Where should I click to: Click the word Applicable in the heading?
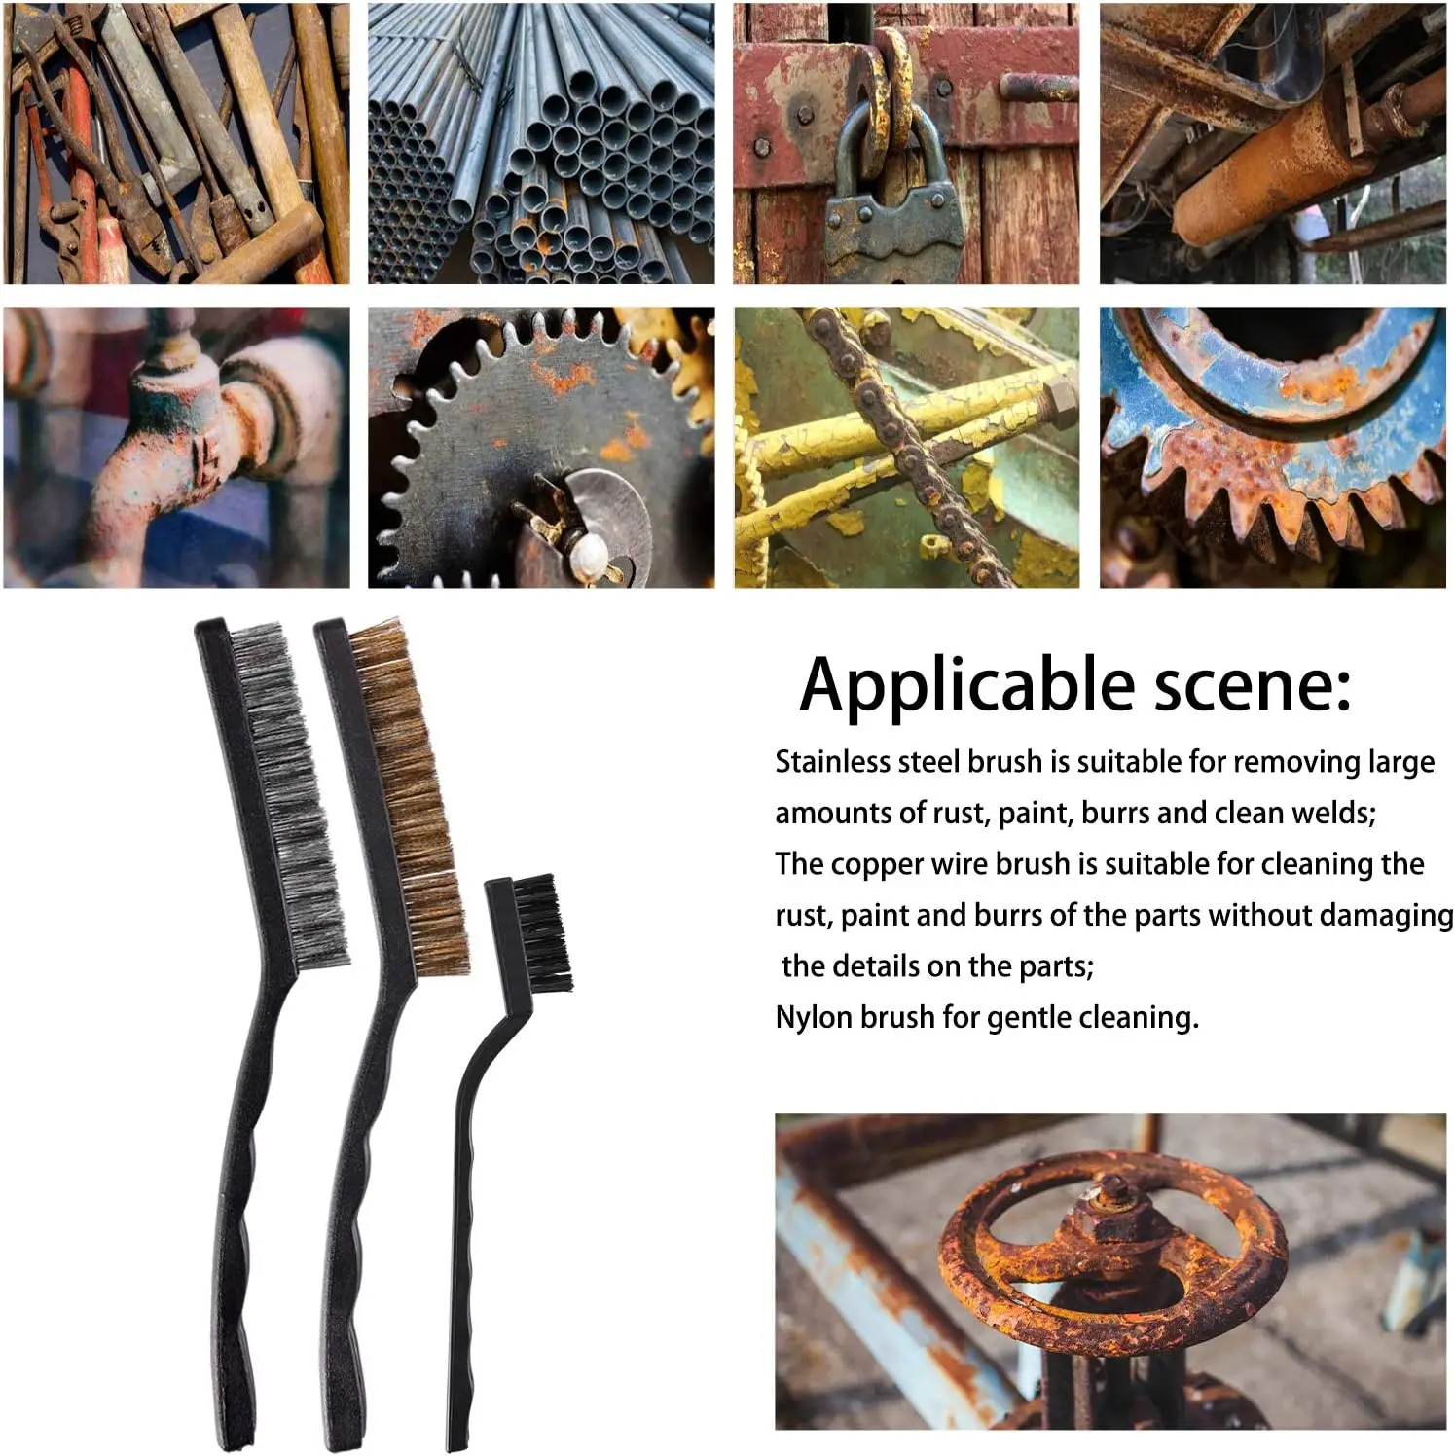[x=966, y=685]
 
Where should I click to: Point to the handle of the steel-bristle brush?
[x=238, y=1168]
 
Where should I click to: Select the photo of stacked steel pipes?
[x=541, y=143]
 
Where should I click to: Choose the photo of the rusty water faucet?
[x=176, y=448]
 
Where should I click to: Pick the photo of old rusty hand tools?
[x=176, y=143]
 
